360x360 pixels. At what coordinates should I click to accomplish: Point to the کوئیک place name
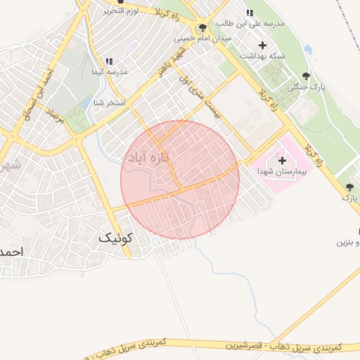tap(114, 238)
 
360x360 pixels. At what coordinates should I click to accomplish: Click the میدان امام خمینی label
tap(202, 38)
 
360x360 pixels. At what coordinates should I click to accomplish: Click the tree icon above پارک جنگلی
tap(305, 76)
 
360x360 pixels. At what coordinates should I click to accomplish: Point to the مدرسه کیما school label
tap(109, 72)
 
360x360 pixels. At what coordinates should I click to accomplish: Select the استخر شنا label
tap(110, 103)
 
